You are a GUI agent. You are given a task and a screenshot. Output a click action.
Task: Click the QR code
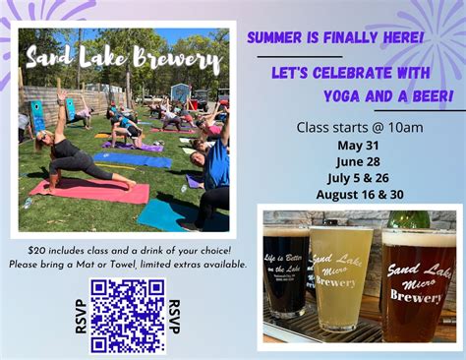[128, 316]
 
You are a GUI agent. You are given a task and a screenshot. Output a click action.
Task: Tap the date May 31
[359, 145]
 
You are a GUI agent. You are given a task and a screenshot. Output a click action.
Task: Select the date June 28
[359, 161]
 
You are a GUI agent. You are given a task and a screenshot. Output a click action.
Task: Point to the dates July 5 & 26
[359, 177]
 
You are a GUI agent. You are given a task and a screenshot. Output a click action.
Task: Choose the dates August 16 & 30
[359, 194]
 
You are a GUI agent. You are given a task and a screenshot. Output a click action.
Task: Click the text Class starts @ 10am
[360, 127]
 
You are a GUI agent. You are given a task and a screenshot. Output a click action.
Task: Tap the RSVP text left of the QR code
[81, 316]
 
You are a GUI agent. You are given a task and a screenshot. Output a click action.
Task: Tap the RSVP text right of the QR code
[174, 316]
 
